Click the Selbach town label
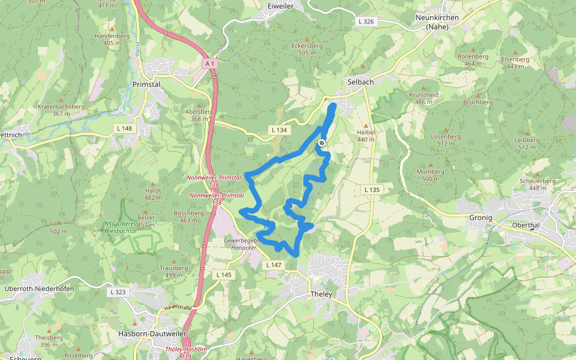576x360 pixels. click(360, 82)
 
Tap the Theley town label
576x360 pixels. click(321, 294)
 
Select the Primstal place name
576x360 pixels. click(146, 85)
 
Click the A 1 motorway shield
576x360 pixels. click(209, 63)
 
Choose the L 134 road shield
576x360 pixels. click(279, 130)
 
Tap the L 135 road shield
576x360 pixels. click(372, 190)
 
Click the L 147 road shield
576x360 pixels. click(273, 265)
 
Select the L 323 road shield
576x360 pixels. click(118, 292)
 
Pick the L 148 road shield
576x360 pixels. click(124, 128)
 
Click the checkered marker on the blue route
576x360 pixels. click(322, 143)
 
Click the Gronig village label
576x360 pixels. click(481, 217)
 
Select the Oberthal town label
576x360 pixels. click(527, 225)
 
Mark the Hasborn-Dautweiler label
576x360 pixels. click(152, 334)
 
